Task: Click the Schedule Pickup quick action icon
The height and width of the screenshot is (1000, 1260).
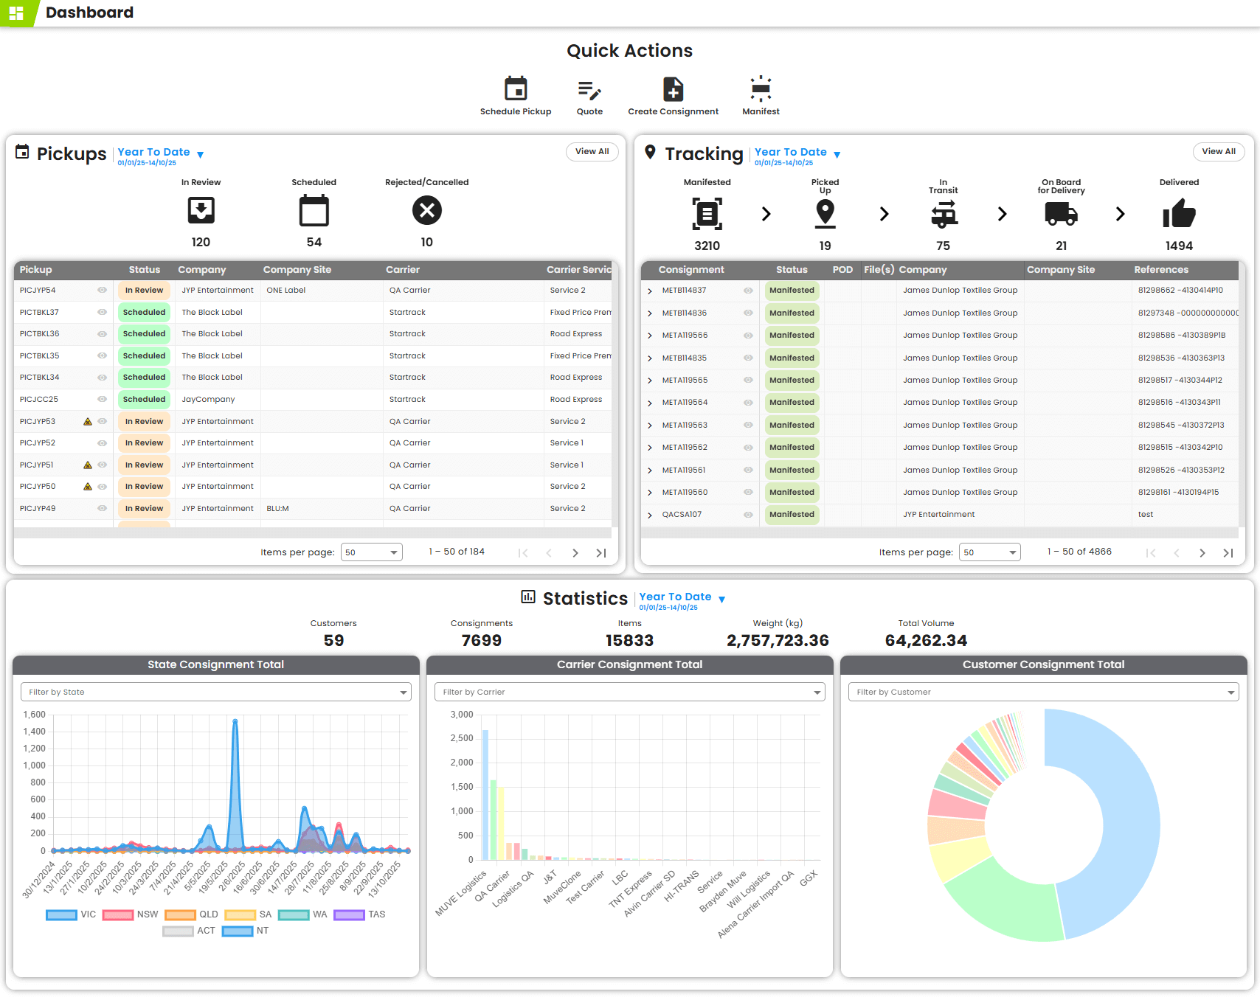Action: tap(516, 89)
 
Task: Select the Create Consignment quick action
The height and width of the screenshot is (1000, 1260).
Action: tap(673, 89)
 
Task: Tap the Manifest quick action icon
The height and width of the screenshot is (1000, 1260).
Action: tap(761, 89)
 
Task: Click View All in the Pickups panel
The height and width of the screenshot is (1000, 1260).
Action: tap(592, 151)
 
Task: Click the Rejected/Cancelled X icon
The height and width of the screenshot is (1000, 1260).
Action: tap(426, 211)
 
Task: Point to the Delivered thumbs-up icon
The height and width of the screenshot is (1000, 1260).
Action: tap(1178, 214)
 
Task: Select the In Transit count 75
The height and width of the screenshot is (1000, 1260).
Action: tap(943, 246)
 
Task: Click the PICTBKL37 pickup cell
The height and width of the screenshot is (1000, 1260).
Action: tap(39, 312)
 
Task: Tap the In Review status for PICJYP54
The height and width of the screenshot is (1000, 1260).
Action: tap(144, 291)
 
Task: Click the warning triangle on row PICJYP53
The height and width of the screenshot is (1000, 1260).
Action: tap(88, 422)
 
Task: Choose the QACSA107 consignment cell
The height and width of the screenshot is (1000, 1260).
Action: tap(682, 515)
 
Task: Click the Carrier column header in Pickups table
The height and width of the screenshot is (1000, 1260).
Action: tap(403, 270)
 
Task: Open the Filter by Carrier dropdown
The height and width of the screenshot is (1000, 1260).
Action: tap(629, 692)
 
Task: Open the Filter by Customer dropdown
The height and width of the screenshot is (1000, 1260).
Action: tap(1042, 692)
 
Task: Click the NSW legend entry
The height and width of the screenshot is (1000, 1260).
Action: tap(131, 914)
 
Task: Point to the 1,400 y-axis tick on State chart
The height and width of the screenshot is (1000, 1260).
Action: tap(35, 732)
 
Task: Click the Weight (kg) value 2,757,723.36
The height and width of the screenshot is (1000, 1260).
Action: tap(778, 640)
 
